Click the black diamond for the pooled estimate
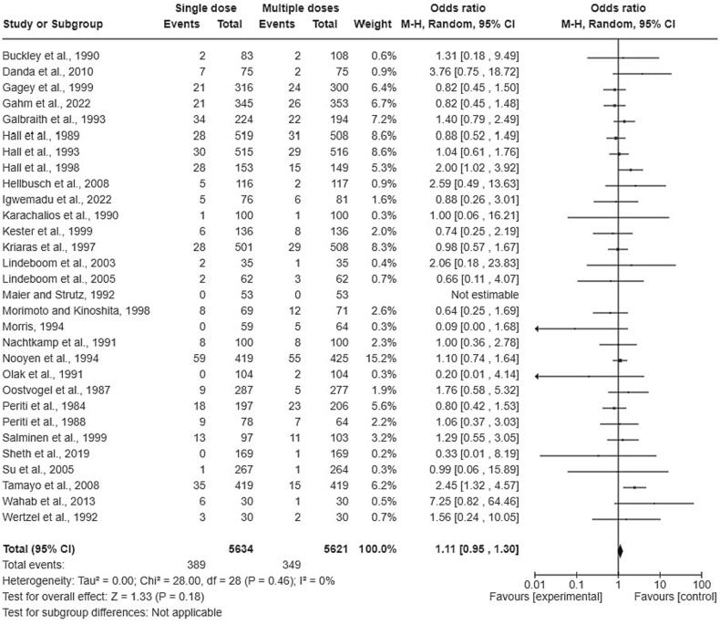(619, 550)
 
